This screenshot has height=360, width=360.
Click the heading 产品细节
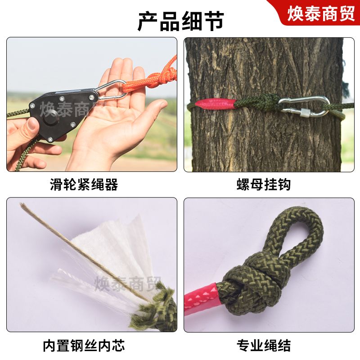[x=181, y=22]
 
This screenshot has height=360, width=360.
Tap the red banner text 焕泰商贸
[x=321, y=13]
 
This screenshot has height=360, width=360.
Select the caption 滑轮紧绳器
[x=84, y=184]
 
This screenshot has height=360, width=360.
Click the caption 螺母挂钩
[x=264, y=184]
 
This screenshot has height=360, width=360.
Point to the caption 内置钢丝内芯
[x=84, y=346]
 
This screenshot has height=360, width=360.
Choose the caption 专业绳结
[x=264, y=346]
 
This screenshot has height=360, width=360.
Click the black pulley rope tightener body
[x=63, y=114]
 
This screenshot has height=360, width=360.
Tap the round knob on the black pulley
[x=51, y=118]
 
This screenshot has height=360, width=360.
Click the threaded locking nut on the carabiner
[x=306, y=112]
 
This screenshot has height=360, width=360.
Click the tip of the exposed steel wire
[x=21, y=204]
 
